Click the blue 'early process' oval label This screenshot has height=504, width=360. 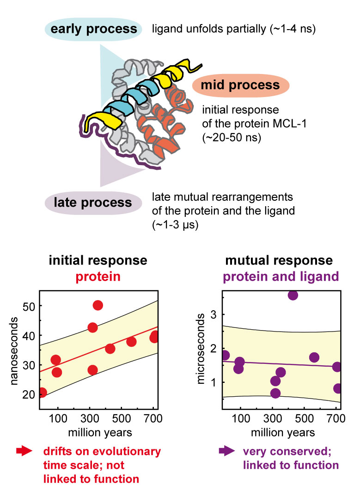coord(94,29)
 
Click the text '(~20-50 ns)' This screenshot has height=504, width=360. coord(229,138)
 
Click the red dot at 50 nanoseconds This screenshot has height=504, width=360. coord(98,305)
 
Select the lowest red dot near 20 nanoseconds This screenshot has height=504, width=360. coord(42,393)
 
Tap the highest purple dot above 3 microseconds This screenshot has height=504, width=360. coord(293,295)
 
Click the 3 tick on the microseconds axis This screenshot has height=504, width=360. coord(216,314)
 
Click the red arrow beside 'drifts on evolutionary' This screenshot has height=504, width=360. coord(23,451)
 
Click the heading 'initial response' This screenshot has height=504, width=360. coord(98,260)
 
